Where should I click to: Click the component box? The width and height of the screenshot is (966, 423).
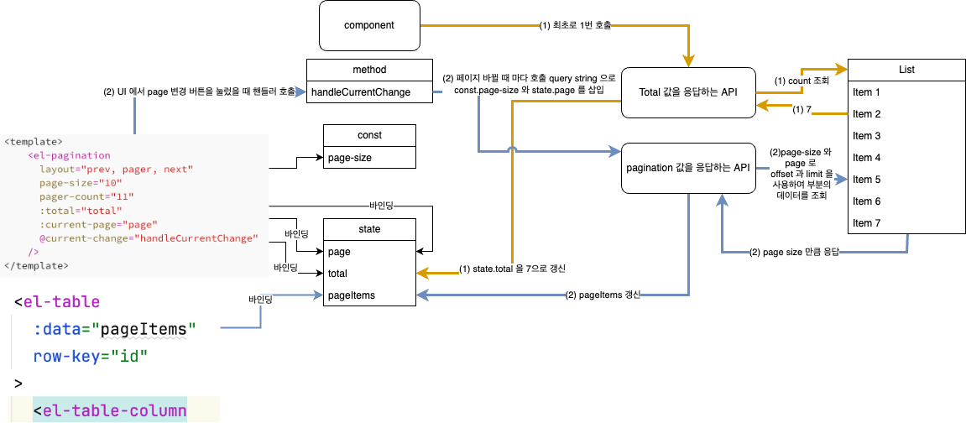(x=368, y=25)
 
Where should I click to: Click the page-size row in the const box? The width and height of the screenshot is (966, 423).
(x=368, y=157)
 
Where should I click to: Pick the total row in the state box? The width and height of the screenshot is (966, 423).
(x=368, y=274)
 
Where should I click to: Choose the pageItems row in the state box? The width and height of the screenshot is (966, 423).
(x=368, y=295)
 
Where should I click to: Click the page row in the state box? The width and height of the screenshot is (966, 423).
(x=368, y=252)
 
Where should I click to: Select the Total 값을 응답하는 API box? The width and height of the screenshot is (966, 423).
(x=688, y=91)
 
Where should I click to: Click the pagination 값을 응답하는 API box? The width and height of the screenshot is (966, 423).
(x=688, y=168)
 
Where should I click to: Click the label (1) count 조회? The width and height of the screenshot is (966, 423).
(x=802, y=81)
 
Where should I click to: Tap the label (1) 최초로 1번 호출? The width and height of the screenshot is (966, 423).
(x=575, y=26)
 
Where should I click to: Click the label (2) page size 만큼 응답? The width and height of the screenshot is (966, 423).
(x=794, y=252)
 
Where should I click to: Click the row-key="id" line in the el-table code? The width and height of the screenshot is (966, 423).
(x=91, y=356)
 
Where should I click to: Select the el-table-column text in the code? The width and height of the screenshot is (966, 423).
(x=110, y=410)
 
